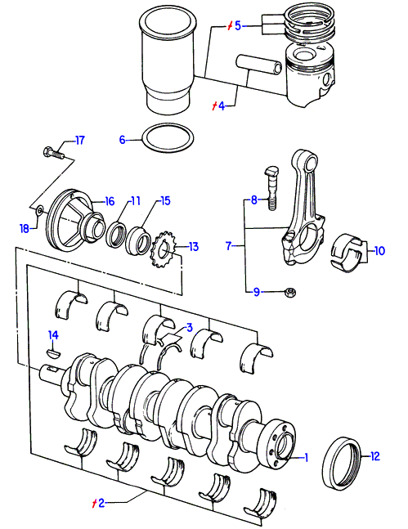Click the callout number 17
(79, 140)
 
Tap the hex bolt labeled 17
(54, 153)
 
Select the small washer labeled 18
(39, 211)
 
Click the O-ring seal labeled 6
(168, 137)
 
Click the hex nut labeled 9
(290, 292)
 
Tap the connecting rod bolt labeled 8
(271, 188)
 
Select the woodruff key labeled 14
(53, 353)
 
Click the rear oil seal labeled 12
(342, 464)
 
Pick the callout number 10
(379, 251)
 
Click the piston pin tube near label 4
(259, 65)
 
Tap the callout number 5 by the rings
(238, 25)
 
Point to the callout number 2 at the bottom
(101, 503)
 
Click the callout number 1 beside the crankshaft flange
(306, 458)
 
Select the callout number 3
(190, 327)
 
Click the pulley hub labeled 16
(74, 221)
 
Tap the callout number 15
(165, 201)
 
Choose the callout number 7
(229, 245)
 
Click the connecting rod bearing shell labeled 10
(347, 253)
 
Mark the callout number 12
(375, 456)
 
